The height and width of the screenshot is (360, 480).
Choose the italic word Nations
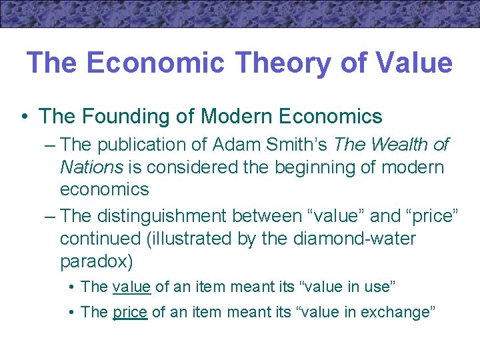[x=89, y=167]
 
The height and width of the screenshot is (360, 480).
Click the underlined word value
[x=132, y=287]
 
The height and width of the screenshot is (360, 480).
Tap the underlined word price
[x=130, y=311]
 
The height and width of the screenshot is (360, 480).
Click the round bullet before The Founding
[x=24, y=117]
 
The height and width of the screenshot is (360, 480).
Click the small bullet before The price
[x=71, y=312]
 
